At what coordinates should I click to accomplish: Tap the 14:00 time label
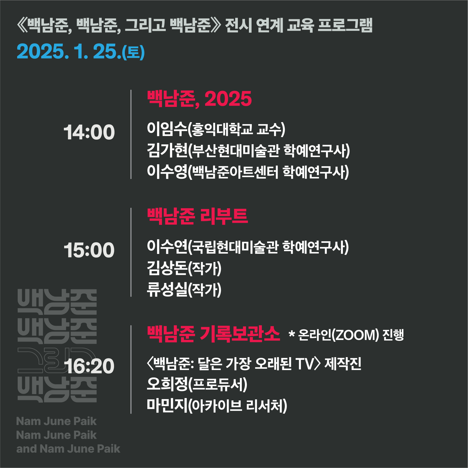[x=89, y=132]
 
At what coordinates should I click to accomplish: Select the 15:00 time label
[x=89, y=250]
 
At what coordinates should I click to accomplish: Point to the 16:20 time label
[x=89, y=366]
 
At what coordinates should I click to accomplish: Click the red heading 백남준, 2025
[x=199, y=99]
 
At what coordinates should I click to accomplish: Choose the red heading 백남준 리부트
[x=197, y=216]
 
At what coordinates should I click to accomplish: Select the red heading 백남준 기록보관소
[x=213, y=334]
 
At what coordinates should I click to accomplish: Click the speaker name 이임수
[x=167, y=129]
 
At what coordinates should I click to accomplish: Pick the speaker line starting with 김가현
[x=248, y=151]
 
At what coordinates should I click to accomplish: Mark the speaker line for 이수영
[x=248, y=172]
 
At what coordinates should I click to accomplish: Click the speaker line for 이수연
[x=248, y=247]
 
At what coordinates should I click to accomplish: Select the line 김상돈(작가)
[x=184, y=268]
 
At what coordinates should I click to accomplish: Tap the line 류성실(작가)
[x=184, y=290]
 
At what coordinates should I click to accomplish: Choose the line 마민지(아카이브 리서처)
[x=217, y=406]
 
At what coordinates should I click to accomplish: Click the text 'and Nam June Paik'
[x=68, y=449]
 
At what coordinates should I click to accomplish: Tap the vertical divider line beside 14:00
[x=131, y=134]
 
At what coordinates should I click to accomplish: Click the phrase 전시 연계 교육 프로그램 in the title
[x=299, y=25]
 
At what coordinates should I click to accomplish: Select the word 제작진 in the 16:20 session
[x=343, y=363]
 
